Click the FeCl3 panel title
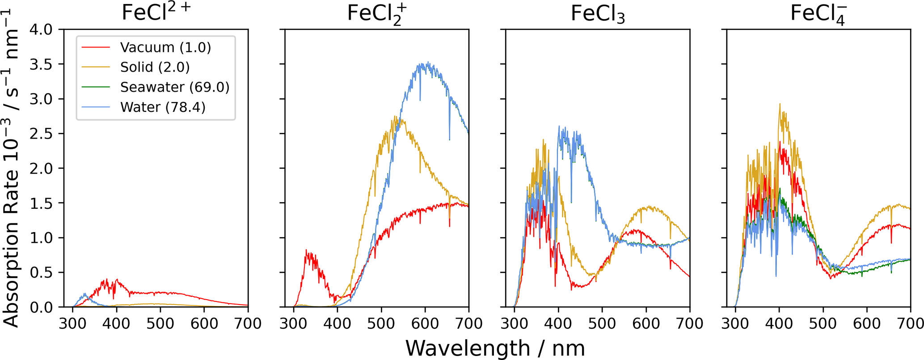[598, 14]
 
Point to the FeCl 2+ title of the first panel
[156, 13]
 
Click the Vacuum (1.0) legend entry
[165, 47]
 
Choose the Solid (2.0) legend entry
[155, 67]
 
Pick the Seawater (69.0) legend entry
[174, 87]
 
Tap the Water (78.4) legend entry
[163, 107]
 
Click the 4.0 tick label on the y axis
[41, 30]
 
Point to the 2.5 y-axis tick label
[41, 134]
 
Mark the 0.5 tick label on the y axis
[41, 273]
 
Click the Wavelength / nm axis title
[495, 348]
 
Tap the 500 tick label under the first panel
[160, 323]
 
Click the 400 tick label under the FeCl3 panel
[558, 323]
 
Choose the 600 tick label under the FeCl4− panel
[867, 323]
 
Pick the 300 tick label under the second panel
[293, 323]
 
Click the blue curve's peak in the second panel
[428, 62]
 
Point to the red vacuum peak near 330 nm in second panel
[306, 250]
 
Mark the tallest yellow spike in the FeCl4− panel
[780, 104]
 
